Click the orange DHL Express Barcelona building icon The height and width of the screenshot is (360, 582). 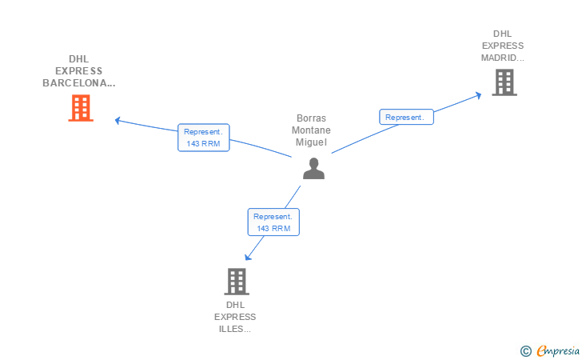tap(81, 108)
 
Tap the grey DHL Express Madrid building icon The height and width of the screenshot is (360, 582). tap(504, 82)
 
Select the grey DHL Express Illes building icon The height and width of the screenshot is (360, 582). tap(236, 282)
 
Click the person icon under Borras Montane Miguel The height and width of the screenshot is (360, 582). tap(313, 168)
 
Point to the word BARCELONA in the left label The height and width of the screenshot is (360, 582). tap(78, 82)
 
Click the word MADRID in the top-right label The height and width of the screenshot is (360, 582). tap(502, 58)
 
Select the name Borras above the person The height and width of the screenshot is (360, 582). tap(311, 118)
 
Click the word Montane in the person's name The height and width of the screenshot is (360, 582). tap(311, 130)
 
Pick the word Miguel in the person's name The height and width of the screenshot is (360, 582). tap(311, 142)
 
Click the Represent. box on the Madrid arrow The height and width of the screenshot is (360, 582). tap(406, 118)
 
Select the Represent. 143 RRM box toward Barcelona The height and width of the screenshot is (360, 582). tap(204, 138)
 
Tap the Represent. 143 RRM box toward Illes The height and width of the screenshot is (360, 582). tap(273, 222)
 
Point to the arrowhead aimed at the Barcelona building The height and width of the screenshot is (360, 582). tap(118, 121)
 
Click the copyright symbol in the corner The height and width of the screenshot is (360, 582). tap(525, 350)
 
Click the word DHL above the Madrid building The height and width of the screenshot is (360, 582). tap(502, 34)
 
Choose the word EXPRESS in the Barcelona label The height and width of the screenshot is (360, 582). tap(78, 70)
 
